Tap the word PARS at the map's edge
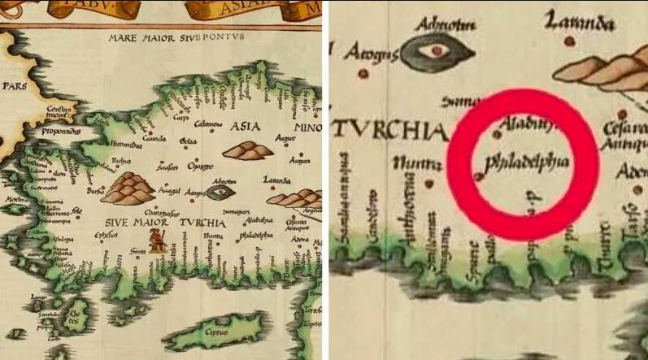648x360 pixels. (15, 84)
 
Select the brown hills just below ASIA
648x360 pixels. (248, 150)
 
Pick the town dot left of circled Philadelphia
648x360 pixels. (477, 175)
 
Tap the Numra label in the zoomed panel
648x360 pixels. (417, 165)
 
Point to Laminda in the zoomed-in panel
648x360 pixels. (580, 24)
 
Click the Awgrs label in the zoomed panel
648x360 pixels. (370, 54)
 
